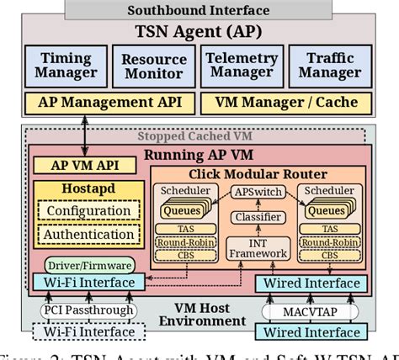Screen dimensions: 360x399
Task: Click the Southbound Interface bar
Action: pyautogui.click(x=199, y=10)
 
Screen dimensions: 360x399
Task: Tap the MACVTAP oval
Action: pyautogui.click(x=309, y=311)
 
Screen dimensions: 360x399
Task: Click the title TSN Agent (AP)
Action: pyautogui.click(x=199, y=32)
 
